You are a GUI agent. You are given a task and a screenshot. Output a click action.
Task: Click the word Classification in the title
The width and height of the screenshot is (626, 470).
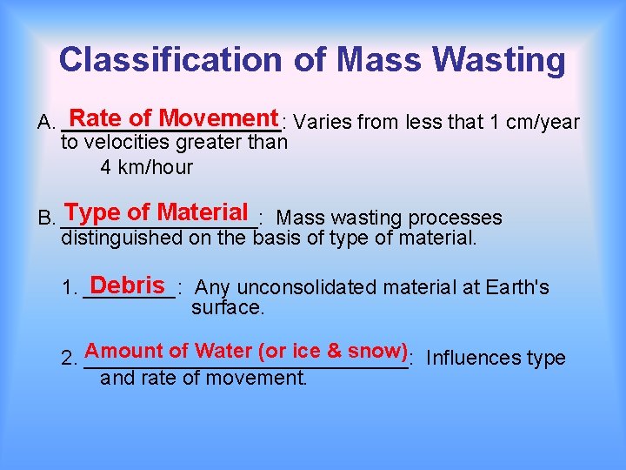(x=170, y=60)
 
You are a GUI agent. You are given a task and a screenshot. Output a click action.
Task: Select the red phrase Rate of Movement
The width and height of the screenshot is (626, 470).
(x=174, y=117)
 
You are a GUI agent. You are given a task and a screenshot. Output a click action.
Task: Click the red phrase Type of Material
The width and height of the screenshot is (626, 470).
(x=156, y=212)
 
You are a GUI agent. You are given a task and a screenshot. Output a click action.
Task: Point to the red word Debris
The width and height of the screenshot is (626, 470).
(x=127, y=285)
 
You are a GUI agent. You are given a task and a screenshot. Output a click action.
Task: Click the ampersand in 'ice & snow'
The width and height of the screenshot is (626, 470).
(x=334, y=351)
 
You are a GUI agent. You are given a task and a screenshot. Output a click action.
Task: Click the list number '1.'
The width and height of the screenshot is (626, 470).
(x=70, y=288)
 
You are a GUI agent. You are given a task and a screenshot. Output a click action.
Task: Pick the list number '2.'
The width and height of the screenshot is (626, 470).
(x=70, y=359)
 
